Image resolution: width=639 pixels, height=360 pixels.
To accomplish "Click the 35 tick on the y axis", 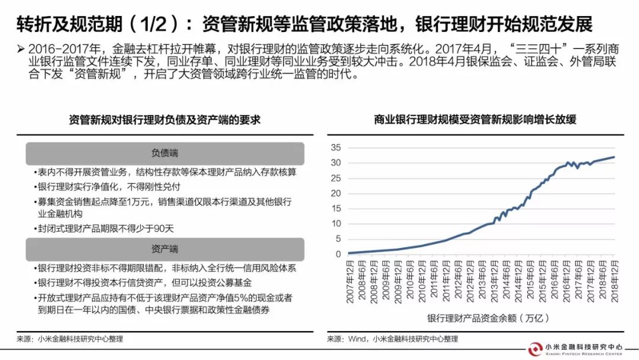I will point(335,147).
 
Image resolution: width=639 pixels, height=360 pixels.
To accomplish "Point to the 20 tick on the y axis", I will point(335,193).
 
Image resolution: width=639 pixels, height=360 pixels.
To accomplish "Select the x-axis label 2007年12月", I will point(350,281).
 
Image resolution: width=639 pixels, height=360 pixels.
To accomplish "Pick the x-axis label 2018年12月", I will point(615,281).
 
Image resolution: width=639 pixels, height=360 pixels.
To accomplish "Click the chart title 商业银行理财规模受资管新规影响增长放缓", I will point(475,120).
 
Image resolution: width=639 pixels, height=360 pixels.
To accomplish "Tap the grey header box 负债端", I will point(164,153).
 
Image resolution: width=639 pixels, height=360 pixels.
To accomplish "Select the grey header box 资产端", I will point(164,249).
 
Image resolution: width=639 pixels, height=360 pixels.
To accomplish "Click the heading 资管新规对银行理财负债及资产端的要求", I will point(164,120).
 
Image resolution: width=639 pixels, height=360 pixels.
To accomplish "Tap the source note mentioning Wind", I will point(392,339).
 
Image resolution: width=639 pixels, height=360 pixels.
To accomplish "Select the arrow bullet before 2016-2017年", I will point(21,48).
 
